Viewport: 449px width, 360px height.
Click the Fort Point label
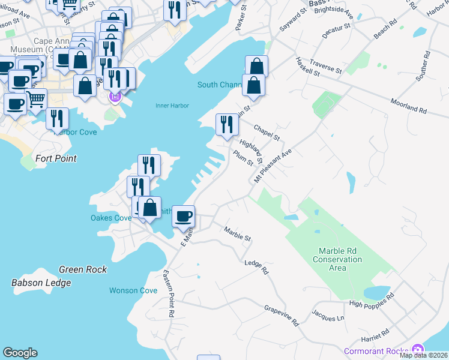56,158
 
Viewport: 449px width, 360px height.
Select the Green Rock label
83,269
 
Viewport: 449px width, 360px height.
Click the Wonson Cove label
133,290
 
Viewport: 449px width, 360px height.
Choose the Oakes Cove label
110,218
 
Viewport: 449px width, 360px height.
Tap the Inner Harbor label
172,106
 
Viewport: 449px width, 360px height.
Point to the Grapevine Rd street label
282,315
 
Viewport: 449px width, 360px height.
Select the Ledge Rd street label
256,267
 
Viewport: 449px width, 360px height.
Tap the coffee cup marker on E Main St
183,215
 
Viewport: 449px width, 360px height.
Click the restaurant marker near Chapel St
227,125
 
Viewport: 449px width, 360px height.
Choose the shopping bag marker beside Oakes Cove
151,208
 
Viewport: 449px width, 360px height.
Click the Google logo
20,353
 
